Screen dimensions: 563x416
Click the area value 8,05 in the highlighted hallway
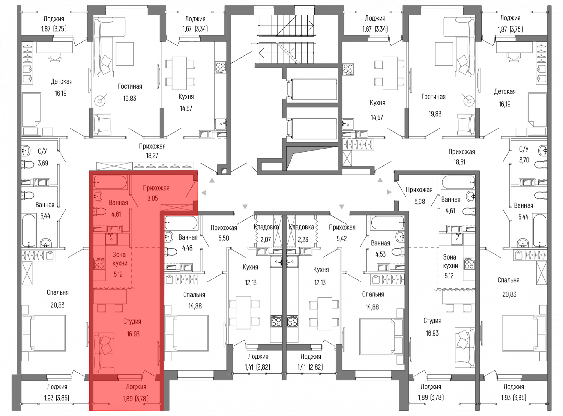point(153,198)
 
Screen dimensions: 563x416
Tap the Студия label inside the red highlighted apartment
point(132,321)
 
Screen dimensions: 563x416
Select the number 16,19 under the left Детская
point(61,93)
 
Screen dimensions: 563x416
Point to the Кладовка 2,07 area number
point(265,240)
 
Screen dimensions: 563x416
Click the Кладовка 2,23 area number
point(303,240)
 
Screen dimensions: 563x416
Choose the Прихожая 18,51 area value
point(459,162)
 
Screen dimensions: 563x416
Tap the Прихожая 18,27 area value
point(152,156)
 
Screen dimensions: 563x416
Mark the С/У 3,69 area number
point(43,163)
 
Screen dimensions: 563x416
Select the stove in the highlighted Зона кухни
point(99,264)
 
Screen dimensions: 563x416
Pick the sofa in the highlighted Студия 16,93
point(104,353)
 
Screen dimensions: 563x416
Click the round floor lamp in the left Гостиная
point(100,100)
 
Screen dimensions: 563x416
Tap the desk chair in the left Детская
point(55,57)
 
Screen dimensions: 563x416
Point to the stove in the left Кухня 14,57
point(220,68)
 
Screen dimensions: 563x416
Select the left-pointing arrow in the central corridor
point(204,193)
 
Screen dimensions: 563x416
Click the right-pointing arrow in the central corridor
point(389,192)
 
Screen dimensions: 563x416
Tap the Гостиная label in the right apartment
point(434,97)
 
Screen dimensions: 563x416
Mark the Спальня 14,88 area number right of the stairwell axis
point(372,307)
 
